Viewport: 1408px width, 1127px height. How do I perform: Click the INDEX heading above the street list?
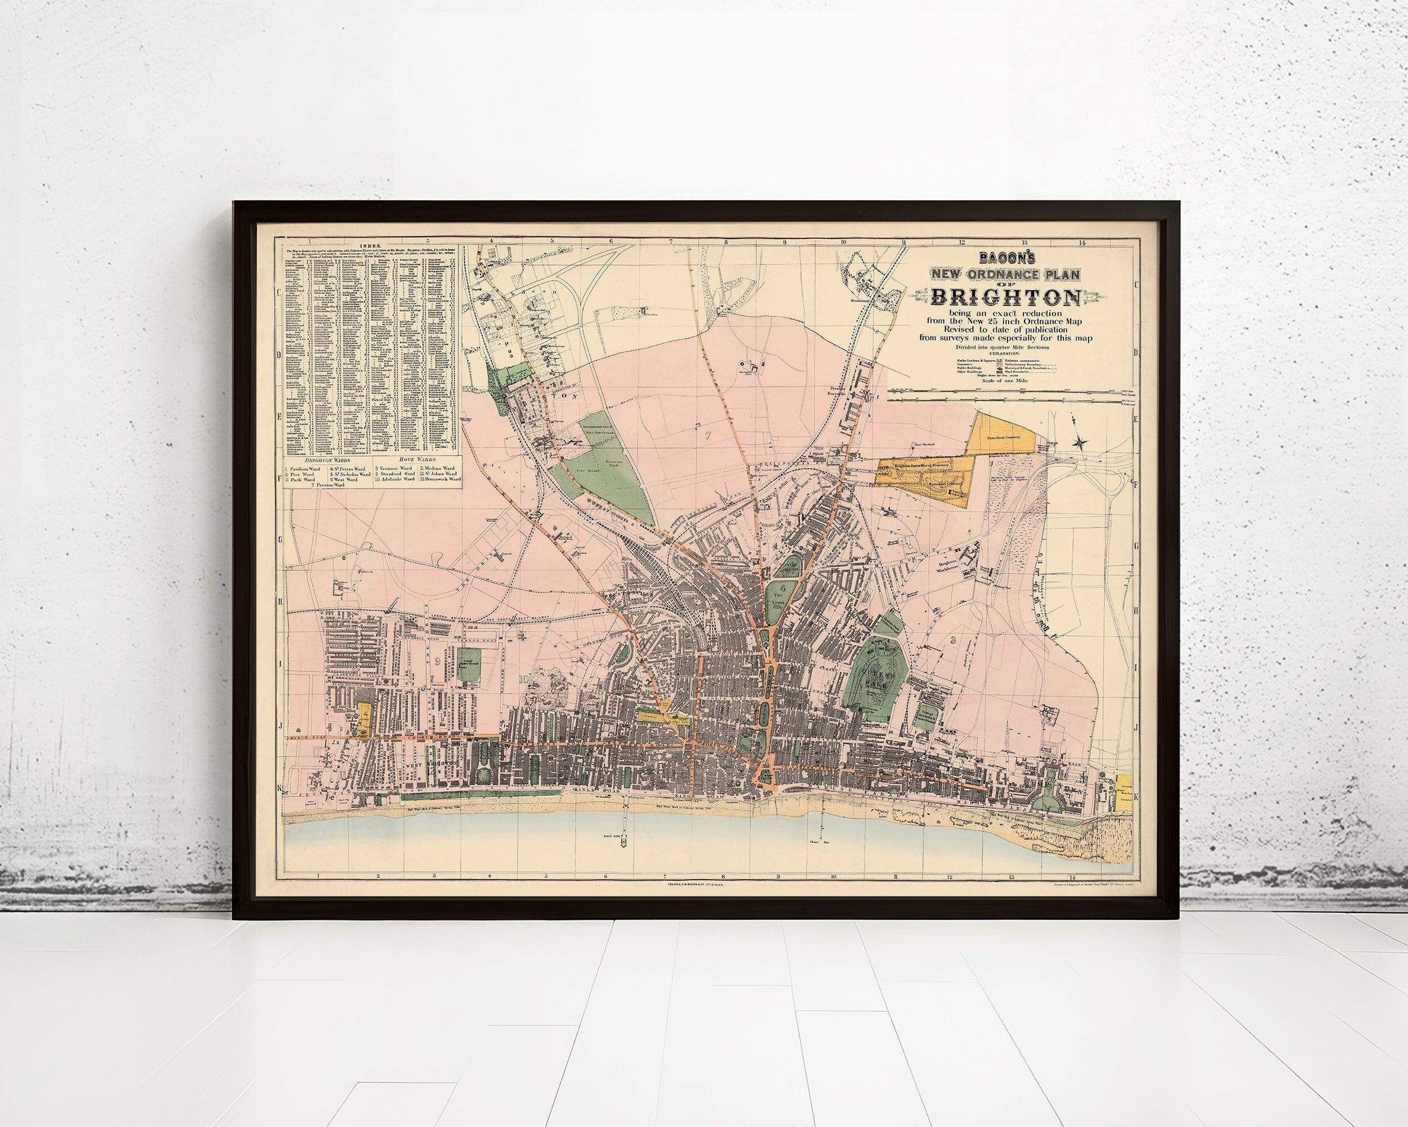click(x=369, y=243)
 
